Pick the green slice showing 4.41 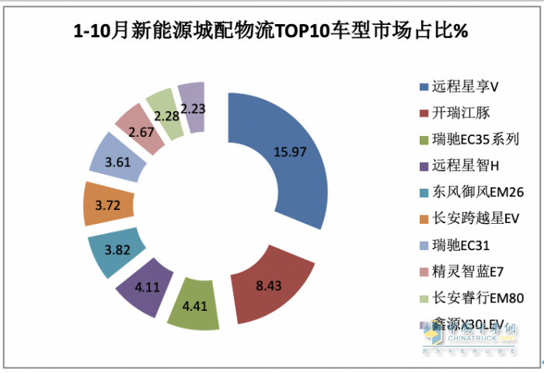click(x=194, y=305)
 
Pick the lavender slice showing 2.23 click(x=192, y=106)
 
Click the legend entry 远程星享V click(x=458, y=86)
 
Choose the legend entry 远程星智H click(x=459, y=166)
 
